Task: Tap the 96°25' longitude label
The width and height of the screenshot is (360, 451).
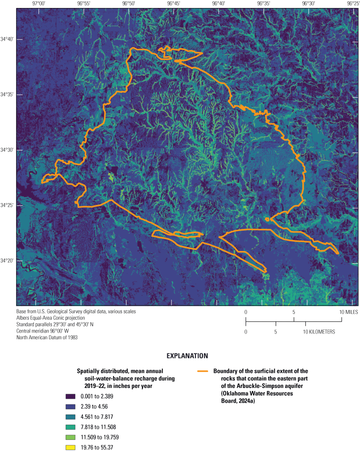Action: (352, 3)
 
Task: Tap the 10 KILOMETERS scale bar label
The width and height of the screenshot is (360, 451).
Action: (320, 332)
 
